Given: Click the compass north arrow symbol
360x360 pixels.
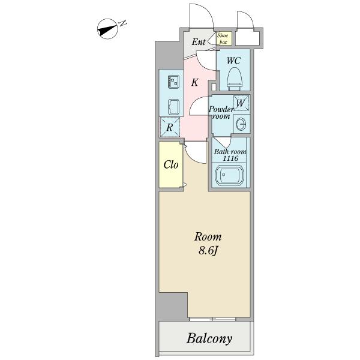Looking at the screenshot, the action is [x=107, y=29].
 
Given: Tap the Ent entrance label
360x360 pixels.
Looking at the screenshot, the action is [x=199, y=42].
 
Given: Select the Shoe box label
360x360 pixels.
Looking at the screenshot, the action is [x=223, y=38].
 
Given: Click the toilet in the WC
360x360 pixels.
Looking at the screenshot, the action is [x=235, y=79].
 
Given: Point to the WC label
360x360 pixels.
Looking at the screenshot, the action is [x=234, y=61].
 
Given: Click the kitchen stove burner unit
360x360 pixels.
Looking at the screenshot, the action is [x=173, y=82].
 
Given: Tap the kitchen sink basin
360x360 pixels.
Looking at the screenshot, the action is [x=174, y=107].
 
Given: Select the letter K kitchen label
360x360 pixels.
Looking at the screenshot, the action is [x=194, y=82].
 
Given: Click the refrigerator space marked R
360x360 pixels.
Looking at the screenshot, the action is [x=170, y=127].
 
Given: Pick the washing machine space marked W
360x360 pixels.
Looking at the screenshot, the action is [x=241, y=103].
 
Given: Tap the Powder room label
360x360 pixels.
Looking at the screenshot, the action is [x=221, y=113].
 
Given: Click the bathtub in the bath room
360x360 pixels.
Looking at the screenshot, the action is [x=230, y=176].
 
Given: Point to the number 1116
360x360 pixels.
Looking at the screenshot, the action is [x=230, y=158].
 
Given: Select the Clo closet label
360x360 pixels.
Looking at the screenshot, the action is [x=171, y=164].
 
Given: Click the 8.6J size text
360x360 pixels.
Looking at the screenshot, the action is [x=208, y=251].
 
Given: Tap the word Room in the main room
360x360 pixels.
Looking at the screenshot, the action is [x=208, y=237].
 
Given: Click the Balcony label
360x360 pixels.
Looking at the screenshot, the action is [x=209, y=339].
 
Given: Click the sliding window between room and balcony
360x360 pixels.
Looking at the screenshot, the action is [x=213, y=319].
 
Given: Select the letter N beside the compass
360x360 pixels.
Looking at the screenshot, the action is [x=123, y=23].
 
